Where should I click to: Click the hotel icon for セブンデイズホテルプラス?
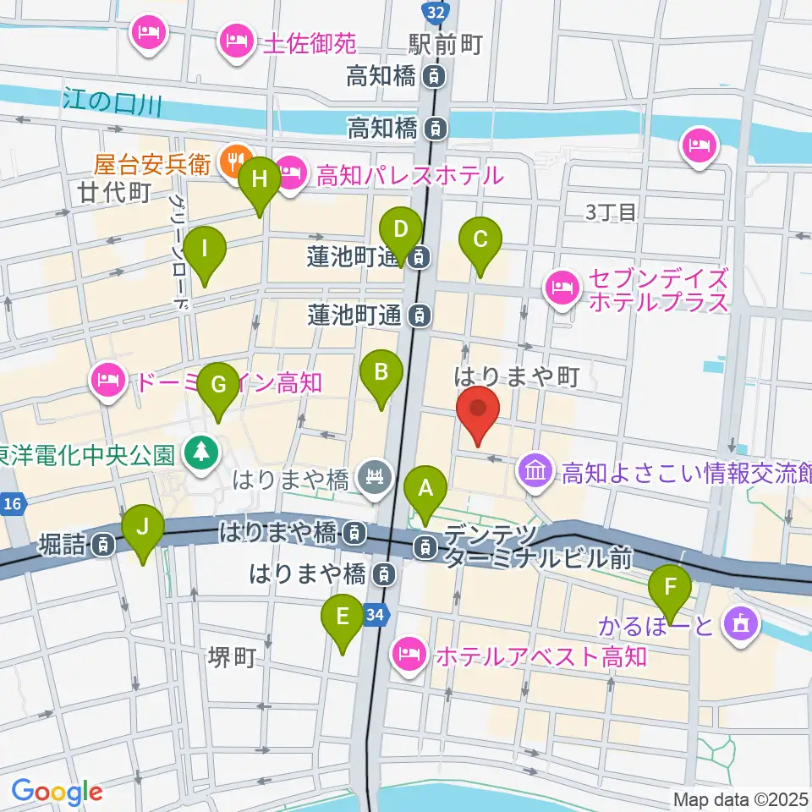tap(562, 288)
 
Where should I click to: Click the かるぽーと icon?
tap(742, 626)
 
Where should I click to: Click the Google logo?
tap(57, 792)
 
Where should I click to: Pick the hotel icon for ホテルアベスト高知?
tap(409, 654)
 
